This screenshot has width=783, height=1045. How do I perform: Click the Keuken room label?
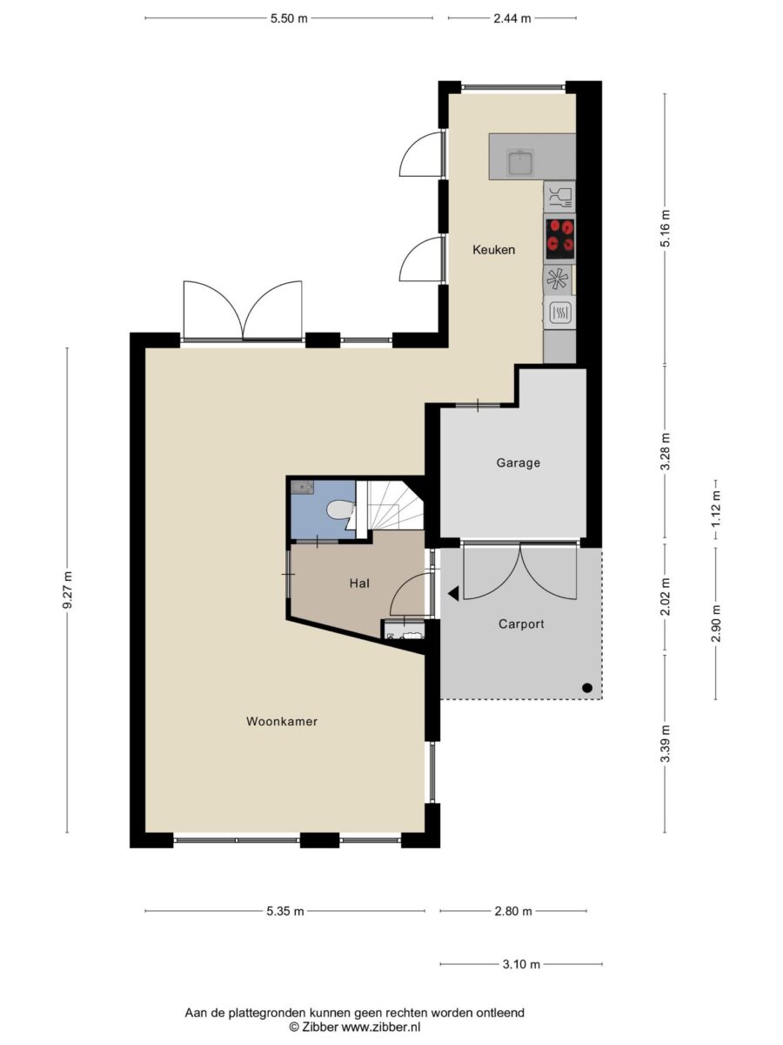click(493, 249)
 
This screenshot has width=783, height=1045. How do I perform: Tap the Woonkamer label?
click(281, 721)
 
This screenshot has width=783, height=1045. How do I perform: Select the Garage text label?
click(519, 462)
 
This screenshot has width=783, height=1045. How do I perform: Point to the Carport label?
click(521, 624)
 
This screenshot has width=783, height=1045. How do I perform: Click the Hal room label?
click(359, 583)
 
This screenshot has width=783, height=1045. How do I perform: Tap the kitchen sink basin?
click(520, 162)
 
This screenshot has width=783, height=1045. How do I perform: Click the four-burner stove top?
click(559, 236)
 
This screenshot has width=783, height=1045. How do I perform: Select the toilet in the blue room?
click(340, 510)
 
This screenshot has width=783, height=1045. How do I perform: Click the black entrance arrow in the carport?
click(453, 593)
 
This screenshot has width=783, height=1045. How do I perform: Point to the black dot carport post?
click(586, 688)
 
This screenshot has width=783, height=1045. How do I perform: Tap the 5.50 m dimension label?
click(289, 18)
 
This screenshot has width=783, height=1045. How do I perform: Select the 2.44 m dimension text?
click(512, 18)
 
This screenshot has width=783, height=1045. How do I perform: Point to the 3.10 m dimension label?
click(521, 964)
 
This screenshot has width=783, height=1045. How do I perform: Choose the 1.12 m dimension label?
click(716, 509)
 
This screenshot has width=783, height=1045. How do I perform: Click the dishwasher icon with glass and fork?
click(559, 197)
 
